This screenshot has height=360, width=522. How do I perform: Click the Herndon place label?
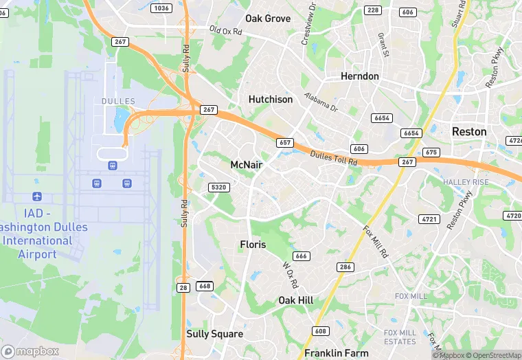(x=360, y=76)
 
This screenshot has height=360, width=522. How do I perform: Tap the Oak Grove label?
(x=268, y=19)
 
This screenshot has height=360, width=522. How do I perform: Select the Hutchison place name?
(x=271, y=100)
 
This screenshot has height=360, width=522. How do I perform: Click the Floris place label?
(x=253, y=245)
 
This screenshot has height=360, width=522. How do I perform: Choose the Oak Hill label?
(x=296, y=301)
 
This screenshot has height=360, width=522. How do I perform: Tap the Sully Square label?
(x=215, y=334)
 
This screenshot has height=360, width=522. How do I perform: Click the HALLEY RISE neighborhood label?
(x=466, y=182)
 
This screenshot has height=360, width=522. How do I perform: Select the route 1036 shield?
(x=161, y=8)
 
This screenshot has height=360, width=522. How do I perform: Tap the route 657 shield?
(x=285, y=143)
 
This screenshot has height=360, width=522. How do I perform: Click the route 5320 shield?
(x=218, y=187)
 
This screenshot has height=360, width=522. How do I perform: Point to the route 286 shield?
(x=345, y=267)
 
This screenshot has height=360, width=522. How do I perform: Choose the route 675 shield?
(x=431, y=153)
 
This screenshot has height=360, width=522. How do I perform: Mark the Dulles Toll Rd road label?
(x=334, y=158)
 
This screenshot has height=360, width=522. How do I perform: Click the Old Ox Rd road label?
(x=226, y=32)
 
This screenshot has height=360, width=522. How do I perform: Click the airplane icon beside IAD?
(x=36, y=198)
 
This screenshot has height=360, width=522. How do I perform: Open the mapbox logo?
(x=30, y=351)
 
